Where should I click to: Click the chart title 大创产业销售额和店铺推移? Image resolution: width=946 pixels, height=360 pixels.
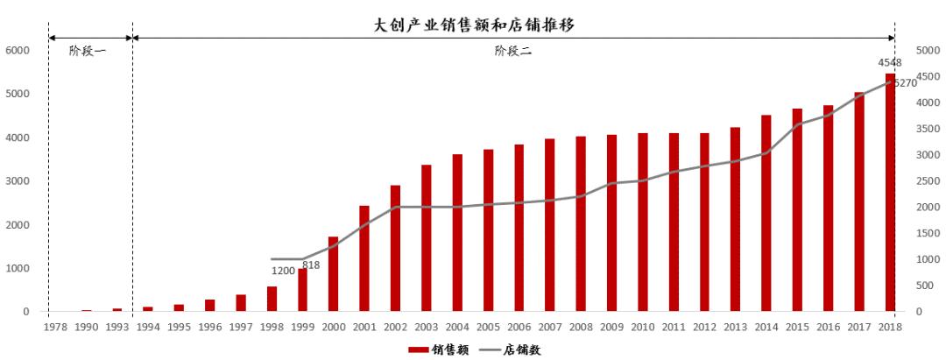coord(474,25)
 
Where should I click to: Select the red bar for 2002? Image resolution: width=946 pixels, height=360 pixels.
coord(395,249)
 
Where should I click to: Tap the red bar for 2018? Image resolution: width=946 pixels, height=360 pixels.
coord(890,193)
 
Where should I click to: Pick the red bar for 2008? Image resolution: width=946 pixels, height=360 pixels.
coord(581,224)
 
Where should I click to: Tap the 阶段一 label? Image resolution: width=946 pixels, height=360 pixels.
coord(88,52)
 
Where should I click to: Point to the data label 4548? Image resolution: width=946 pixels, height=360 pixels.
coord(890,63)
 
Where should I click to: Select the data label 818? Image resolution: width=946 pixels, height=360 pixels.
coord(311,265)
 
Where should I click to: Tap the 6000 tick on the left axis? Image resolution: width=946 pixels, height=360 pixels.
coord(17,51)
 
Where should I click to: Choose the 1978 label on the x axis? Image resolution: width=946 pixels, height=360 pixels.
coord(55,327)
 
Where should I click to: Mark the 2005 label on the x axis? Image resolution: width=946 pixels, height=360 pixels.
coord(488,327)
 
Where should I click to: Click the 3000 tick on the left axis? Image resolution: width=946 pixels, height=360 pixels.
coord(17,181)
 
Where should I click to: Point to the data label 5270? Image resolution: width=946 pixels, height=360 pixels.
coord(905,83)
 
